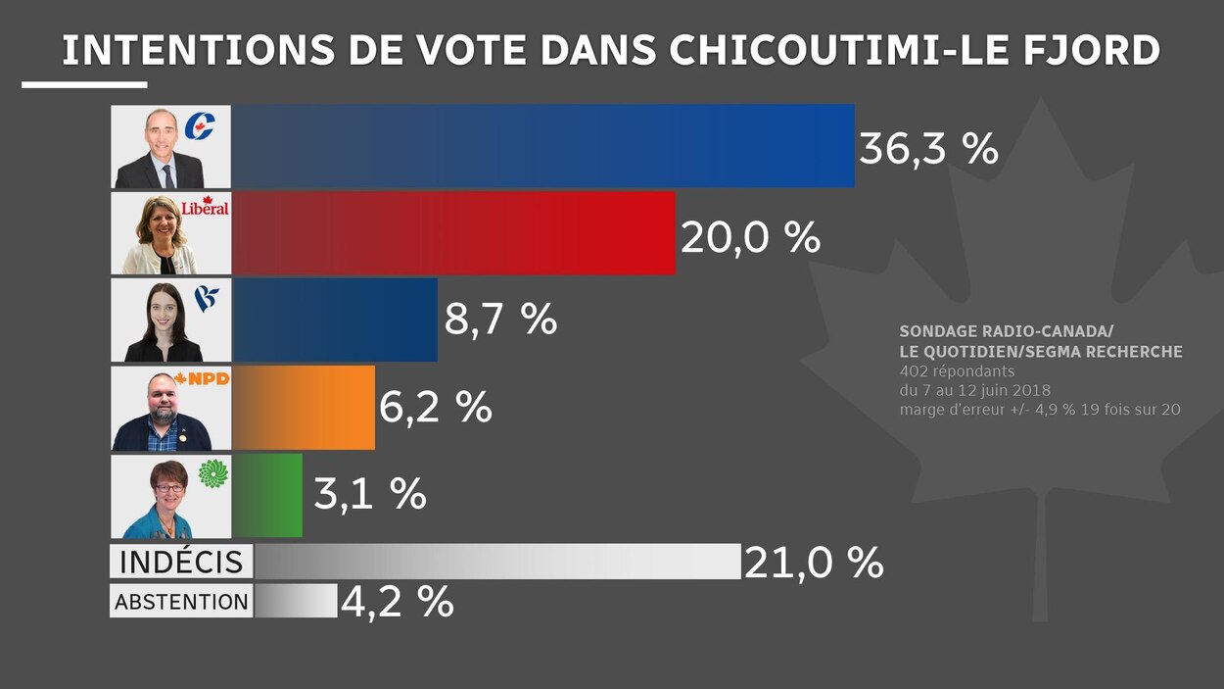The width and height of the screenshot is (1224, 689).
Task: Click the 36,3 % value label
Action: (x=928, y=149)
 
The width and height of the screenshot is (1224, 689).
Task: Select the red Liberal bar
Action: (x=453, y=233)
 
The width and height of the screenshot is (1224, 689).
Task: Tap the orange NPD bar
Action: (x=304, y=408)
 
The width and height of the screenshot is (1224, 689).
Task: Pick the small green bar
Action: (x=267, y=495)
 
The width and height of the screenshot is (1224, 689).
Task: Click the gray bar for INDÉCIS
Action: (x=496, y=562)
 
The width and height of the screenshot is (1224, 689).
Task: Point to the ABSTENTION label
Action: (x=181, y=602)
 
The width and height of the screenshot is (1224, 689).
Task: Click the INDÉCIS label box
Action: (x=181, y=563)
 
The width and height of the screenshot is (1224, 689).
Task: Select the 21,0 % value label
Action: (x=814, y=563)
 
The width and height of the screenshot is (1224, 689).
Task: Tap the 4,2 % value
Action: (x=397, y=602)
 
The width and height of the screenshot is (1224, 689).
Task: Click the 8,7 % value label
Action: (x=500, y=320)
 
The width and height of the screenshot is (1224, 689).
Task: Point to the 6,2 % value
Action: (x=435, y=408)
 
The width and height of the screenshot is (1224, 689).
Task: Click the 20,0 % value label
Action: (x=750, y=237)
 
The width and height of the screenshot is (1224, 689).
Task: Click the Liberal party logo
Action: (x=205, y=208)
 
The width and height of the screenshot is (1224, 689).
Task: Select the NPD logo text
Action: (x=207, y=379)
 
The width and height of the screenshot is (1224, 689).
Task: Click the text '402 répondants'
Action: (x=957, y=371)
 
